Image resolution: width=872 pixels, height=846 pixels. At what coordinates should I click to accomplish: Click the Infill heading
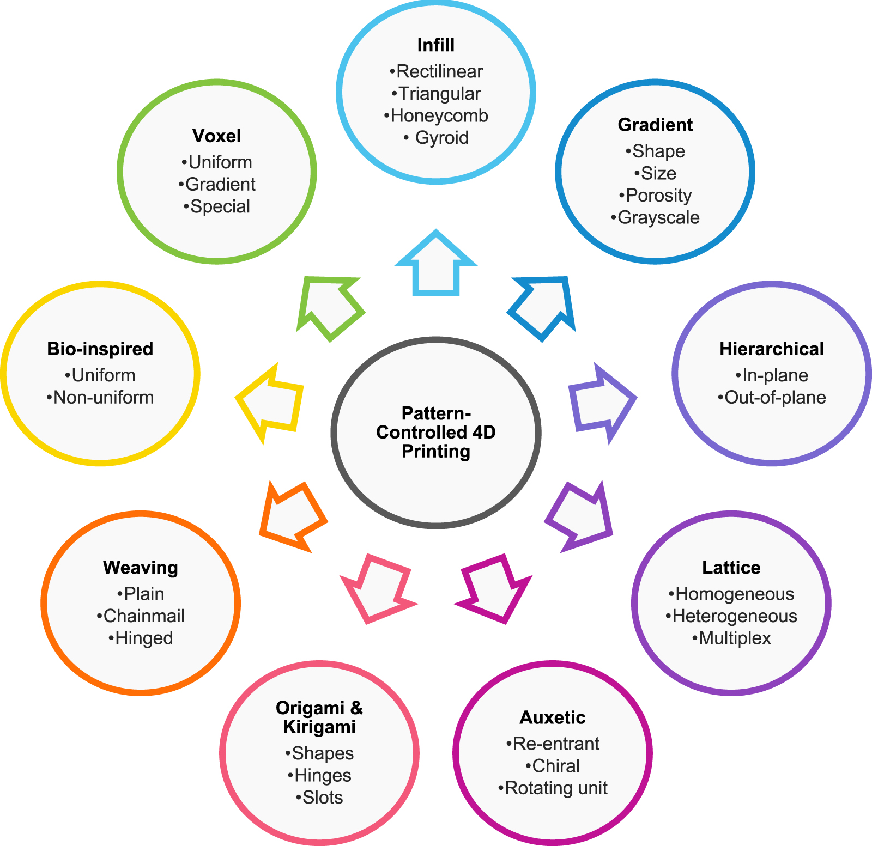pos(435,45)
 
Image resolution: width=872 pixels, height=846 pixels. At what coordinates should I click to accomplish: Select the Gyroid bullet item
pos(436,138)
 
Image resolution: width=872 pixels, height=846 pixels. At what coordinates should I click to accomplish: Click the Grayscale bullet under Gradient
pos(655,217)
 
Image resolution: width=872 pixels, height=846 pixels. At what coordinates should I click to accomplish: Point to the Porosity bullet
pos(655,195)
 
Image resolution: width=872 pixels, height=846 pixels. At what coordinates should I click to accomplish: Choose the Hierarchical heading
pos(772,349)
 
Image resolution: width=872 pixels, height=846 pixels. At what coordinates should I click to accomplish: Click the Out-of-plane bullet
pos(772,397)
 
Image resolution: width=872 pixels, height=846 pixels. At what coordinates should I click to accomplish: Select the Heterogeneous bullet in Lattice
pos(731,616)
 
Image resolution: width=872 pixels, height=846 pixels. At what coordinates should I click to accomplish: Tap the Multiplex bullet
pos(731,638)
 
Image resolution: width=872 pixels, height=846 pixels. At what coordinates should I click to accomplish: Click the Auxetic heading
pos(553,717)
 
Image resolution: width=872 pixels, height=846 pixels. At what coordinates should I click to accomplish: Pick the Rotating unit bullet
pos(553,788)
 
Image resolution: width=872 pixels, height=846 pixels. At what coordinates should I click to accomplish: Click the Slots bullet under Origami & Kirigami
pos(319,798)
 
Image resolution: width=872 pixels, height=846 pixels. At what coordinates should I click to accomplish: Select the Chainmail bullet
pos(141,616)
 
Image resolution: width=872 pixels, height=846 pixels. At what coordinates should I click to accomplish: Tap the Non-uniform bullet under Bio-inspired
pos(100,397)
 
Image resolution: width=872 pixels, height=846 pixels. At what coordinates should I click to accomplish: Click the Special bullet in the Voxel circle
pos(217,206)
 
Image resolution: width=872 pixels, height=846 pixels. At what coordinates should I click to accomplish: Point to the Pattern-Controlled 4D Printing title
pos(436,433)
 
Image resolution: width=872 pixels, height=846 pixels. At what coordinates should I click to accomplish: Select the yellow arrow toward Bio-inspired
pos(269,403)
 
